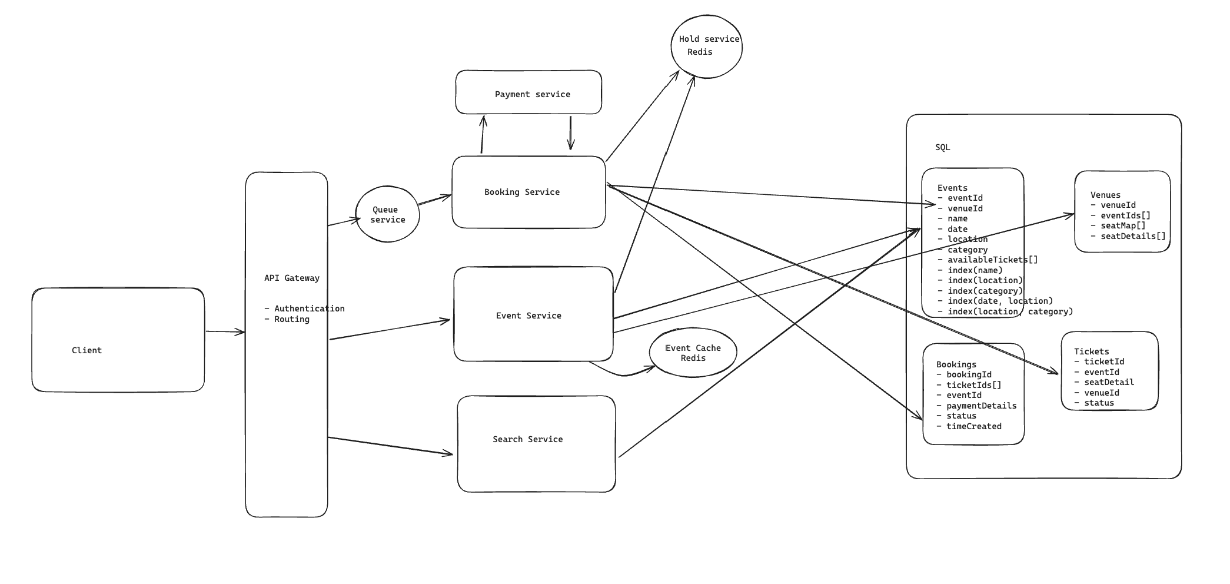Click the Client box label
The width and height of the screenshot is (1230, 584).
(87, 350)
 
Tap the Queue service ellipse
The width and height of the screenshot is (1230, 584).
(387, 214)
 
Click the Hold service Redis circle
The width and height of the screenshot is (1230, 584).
(706, 46)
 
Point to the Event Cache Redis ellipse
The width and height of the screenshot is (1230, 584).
(693, 353)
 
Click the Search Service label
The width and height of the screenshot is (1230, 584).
(527, 439)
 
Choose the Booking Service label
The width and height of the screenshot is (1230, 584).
(521, 192)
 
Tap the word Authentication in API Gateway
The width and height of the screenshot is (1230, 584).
(309, 308)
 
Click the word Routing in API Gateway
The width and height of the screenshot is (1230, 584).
(291, 319)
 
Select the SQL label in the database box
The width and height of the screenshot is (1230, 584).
(942, 147)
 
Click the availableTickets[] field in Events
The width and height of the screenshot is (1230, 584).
(992, 260)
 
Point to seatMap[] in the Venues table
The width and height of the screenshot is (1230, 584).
(1123, 225)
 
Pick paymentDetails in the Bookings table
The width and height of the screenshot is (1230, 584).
(981, 406)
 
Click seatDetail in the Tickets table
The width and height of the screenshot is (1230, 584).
(1109, 382)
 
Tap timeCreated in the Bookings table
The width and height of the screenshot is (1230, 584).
(973, 426)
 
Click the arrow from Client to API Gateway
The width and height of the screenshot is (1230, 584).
(225, 332)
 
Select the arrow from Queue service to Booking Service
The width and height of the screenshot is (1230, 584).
(434, 200)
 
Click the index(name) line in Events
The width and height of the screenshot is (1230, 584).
(975, 270)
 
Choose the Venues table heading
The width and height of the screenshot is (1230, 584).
(1105, 195)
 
